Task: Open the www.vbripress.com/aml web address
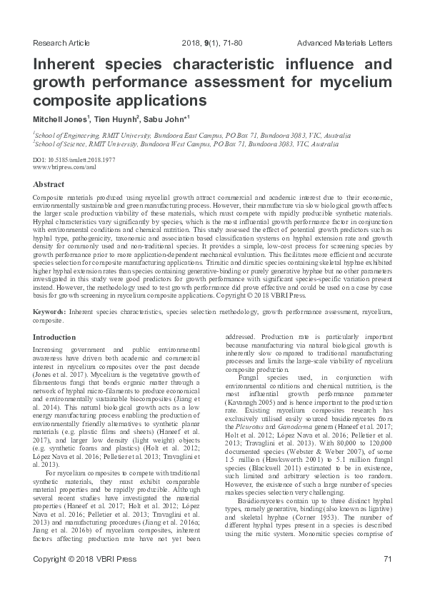tap(64, 167)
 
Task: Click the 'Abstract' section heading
tap(49, 183)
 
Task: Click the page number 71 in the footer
tap(388, 578)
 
